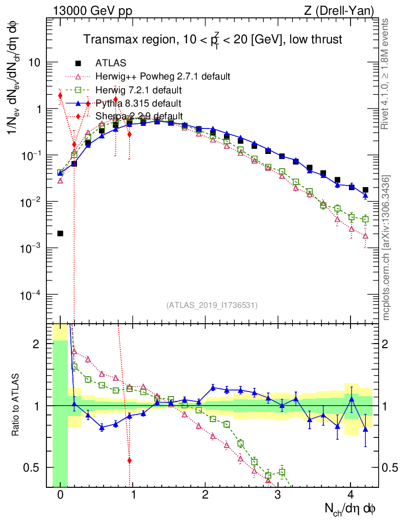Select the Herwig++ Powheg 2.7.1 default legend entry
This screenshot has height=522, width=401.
coord(163,77)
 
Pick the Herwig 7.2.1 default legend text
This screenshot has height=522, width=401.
coord(139,91)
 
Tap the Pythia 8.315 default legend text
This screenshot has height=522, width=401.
coord(139,103)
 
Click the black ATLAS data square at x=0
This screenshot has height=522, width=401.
coord(60,233)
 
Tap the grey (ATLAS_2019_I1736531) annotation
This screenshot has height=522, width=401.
coord(211,305)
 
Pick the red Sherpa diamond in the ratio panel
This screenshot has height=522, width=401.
coord(130,460)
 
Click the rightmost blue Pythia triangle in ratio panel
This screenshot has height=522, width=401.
coord(365,430)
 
